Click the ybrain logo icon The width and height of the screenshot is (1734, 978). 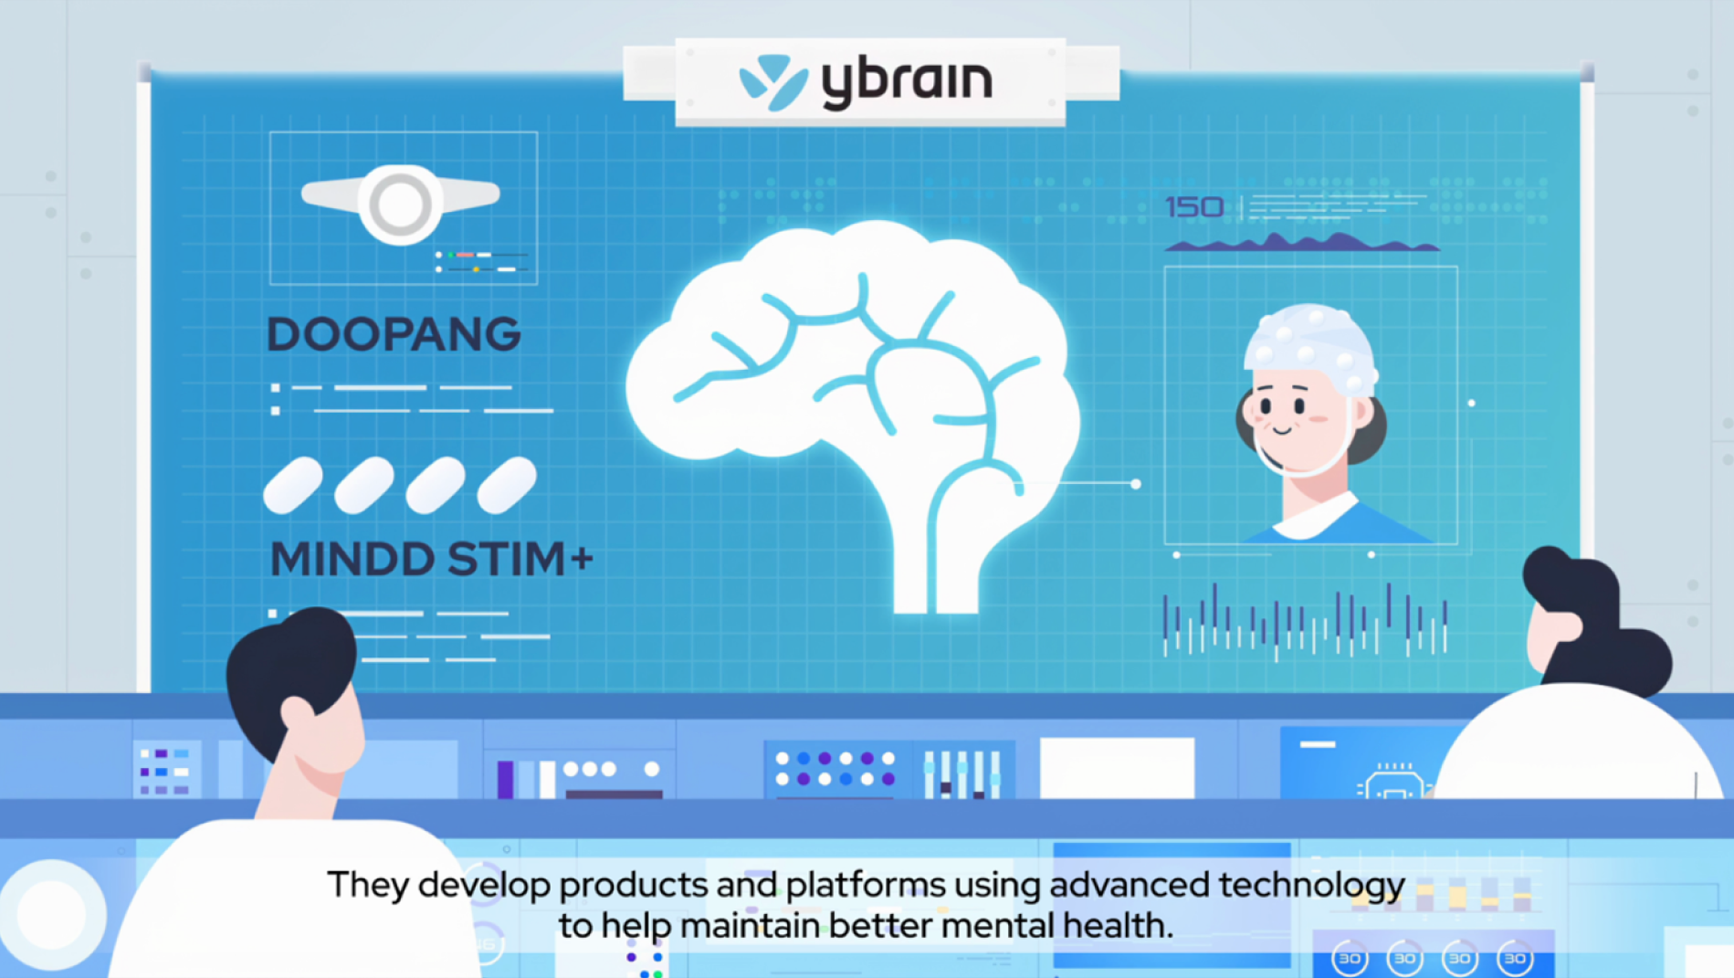(x=772, y=82)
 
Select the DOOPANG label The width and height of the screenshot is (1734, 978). (x=394, y=334)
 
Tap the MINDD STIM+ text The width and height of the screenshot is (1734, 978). (x=431, y=559)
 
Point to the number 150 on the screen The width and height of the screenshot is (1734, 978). (x=1194, y=207)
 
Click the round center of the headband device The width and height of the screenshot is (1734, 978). (x=400, y=203)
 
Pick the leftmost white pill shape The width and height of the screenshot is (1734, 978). (x=292, y=485)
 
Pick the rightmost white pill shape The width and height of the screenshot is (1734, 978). (x=507, y=485)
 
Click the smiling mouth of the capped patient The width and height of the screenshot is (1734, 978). (x=1282, y=429)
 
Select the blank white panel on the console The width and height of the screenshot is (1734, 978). (x=1117, y=767)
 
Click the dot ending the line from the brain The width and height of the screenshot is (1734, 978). (x=1136, y=484)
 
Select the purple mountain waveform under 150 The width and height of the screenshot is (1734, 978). (x=1301, y=243)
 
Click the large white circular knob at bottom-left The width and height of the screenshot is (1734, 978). (x=52, y=913)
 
